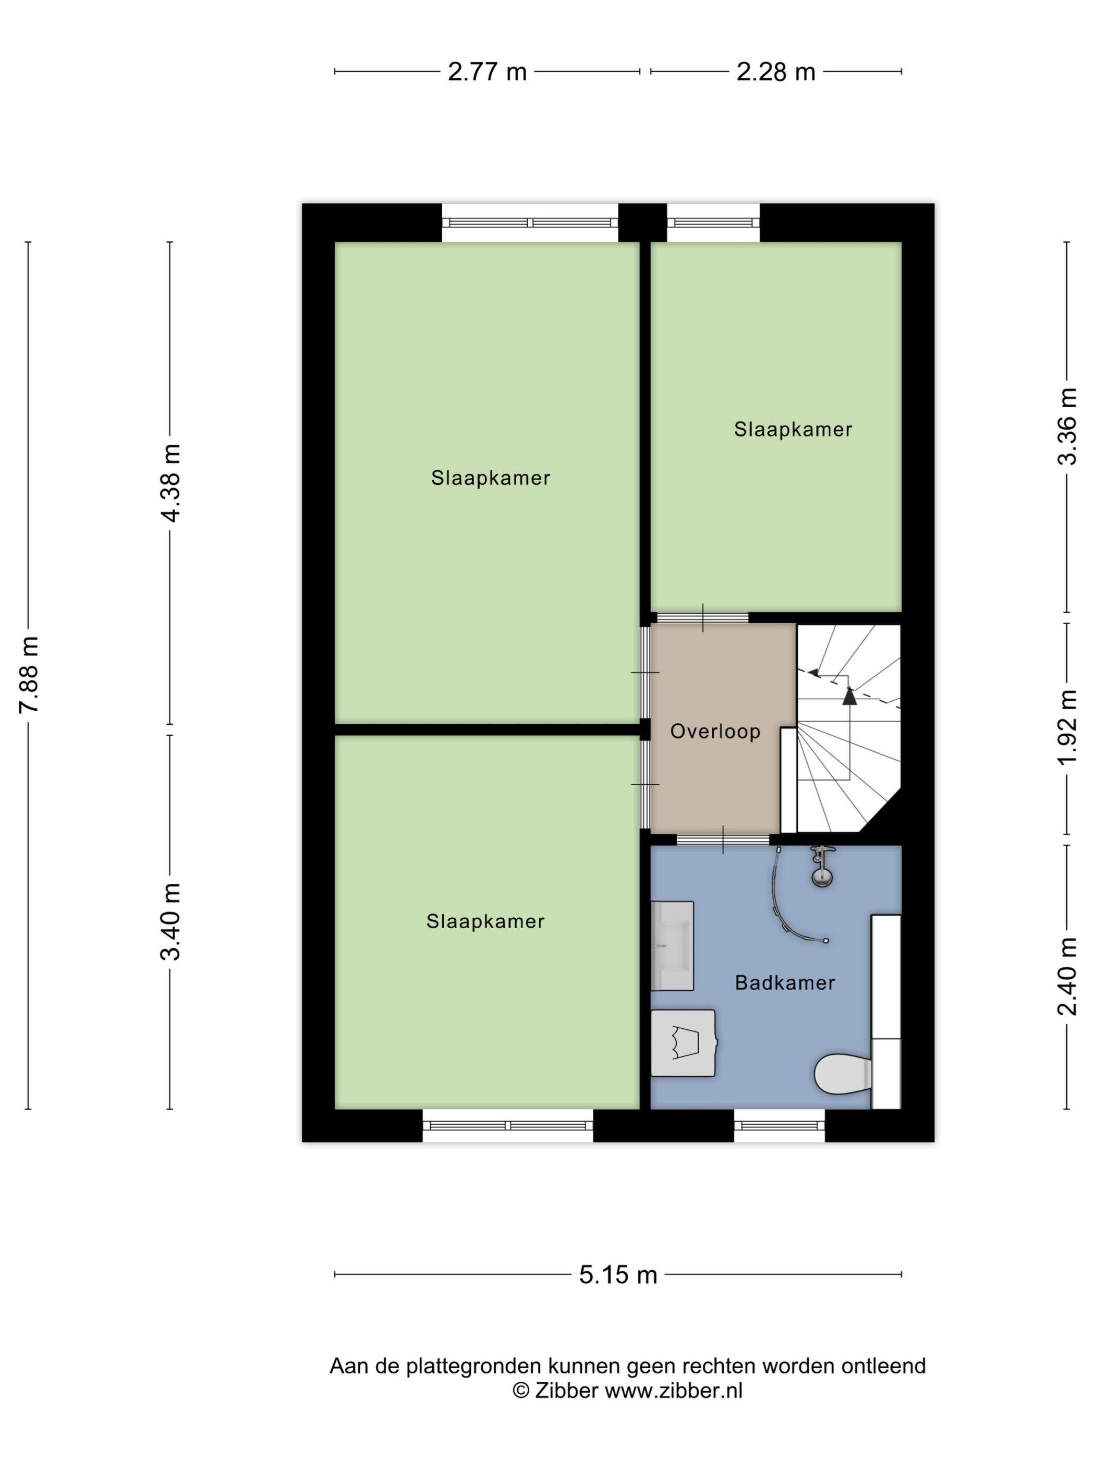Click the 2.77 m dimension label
coord(487,71)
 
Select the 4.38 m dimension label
coord(171,482)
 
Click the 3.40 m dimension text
coord(171,921)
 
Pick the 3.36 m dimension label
coord(1067,425)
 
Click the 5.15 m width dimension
coord(618,1274)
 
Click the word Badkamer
coord(785,983)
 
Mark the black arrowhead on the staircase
coord(849,695)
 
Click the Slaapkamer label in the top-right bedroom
coord(793,430)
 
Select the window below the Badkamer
coord(780,1125)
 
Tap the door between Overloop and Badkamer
coord(723,839)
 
